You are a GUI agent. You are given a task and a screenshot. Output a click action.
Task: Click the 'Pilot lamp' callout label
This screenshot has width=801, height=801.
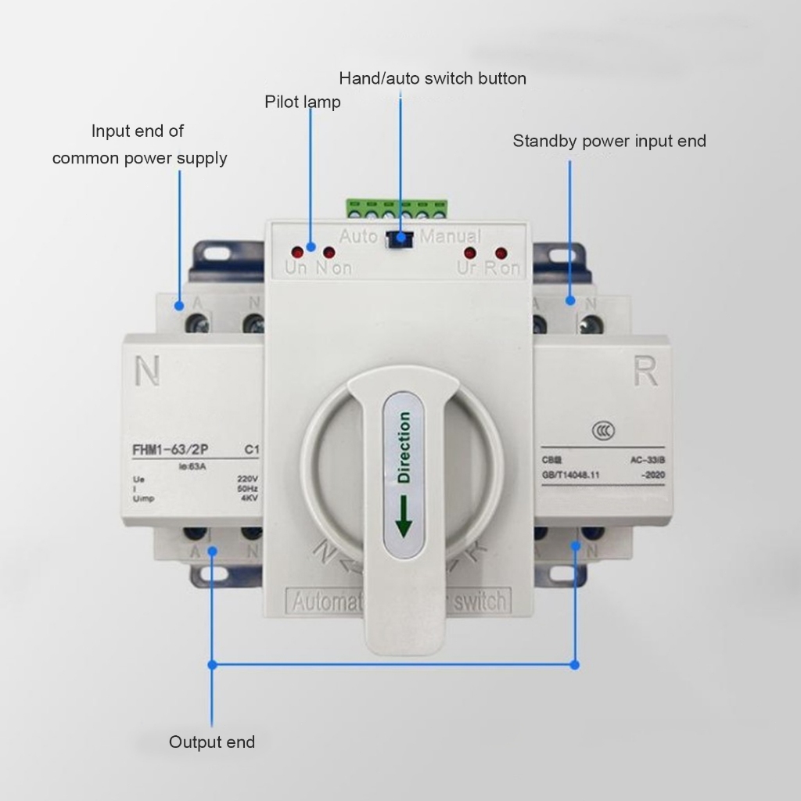[x=303, y=102]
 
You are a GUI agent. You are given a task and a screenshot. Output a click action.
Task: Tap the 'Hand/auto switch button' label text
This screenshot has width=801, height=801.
[x=432, y=78]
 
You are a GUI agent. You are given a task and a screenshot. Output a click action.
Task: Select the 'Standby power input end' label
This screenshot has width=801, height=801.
[x=609, y=141]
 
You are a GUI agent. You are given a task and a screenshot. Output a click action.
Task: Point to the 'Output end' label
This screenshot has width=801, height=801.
[x=212, y=742]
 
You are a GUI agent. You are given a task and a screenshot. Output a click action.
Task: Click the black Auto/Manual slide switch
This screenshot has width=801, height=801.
[x=400, y=238]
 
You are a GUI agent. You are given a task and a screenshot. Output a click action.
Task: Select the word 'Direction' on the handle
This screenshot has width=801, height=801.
[x=404, y=447]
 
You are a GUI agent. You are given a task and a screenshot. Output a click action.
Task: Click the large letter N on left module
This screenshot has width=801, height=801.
[x=147, y=372]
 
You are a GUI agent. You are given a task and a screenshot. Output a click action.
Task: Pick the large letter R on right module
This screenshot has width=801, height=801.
[x=645, y=373]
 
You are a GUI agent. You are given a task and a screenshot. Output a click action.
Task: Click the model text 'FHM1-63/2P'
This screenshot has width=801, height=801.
[x=174, y=450]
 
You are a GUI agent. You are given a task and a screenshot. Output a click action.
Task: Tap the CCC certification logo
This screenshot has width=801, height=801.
[x=602, y=431]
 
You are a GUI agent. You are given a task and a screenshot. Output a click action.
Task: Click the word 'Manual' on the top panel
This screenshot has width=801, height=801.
[x=451, y=235]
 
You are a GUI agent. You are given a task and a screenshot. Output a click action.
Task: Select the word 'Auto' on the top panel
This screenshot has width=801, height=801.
[x=359, y=235]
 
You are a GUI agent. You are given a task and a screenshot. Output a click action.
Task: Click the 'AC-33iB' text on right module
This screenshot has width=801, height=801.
[x=647, y=460]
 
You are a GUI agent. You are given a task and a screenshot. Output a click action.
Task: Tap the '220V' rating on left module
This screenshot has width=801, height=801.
[x=247, y=479]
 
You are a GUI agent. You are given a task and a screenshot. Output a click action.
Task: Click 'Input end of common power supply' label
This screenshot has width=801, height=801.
[x=139, y=144]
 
